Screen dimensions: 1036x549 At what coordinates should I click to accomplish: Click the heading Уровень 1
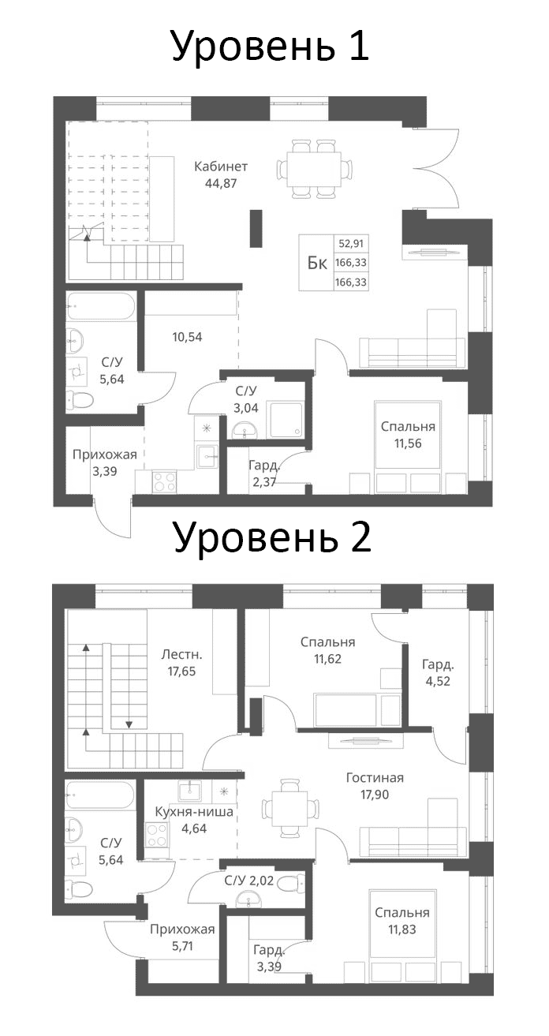click(x=271, y=47)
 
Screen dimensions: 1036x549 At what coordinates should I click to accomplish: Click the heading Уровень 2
click(x=271, y=538)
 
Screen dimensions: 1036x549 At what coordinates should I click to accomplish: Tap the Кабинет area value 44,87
click(x=221, y=183)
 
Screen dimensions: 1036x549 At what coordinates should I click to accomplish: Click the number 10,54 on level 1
click(x=188, y=337)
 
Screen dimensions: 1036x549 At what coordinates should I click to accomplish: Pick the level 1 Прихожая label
click(x=105, y=454)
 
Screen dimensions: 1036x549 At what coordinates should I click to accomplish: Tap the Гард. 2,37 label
click(x=261, y=474)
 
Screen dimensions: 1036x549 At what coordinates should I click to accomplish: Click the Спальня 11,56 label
click(x=408, y=435)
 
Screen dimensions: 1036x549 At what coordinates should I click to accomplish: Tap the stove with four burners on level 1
click(x=164, y=480)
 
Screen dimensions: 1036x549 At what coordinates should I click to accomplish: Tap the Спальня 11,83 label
click(x=401, y=921)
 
